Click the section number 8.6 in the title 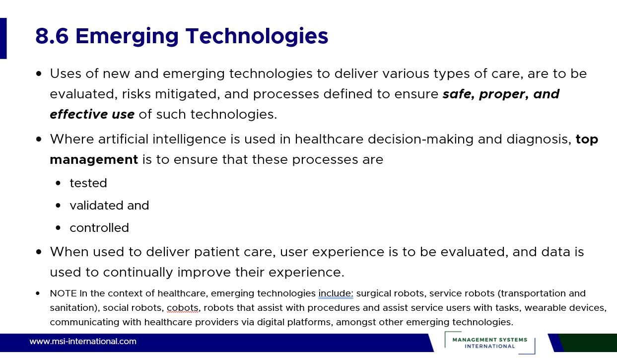[52, 36]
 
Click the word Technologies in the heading [257, 36]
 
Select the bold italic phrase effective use [92, 114]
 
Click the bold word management [94, 159]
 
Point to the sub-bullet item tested [88, 183]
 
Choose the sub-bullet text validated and [109, 206]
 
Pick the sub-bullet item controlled [99, 228]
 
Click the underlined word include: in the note [336, 293]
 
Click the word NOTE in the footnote [63, 293]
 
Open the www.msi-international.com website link [83, 342]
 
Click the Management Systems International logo [490, 343]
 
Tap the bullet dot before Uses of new [39, 74]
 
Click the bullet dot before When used [39, 252]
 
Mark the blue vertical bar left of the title [3, 38]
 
